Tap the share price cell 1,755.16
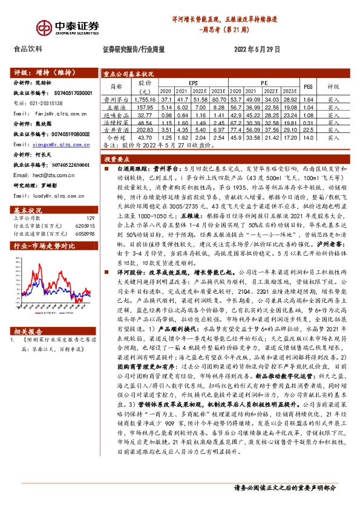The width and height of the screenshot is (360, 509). click(x=148, y=99)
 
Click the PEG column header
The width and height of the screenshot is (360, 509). click(x=307, y=86)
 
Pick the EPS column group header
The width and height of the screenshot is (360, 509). click(x=193, y=82)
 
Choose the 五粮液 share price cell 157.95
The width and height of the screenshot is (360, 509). click(x=148, y=106)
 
